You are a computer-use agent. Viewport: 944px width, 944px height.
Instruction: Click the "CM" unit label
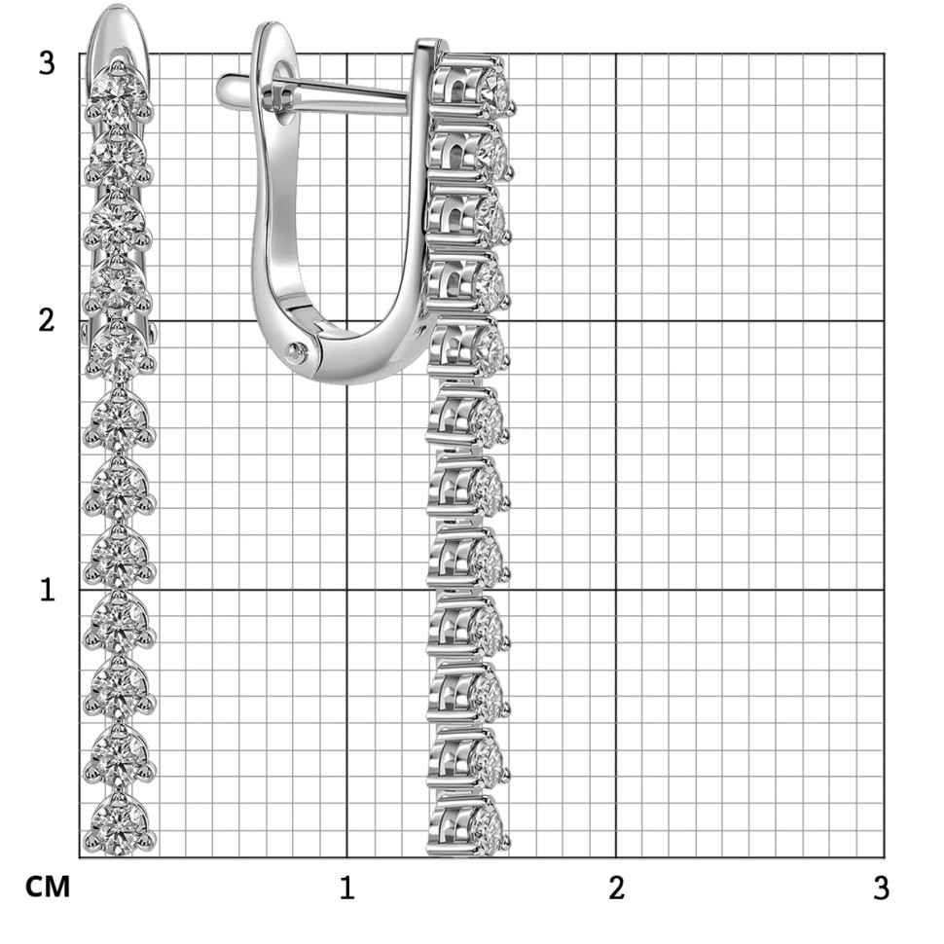48,887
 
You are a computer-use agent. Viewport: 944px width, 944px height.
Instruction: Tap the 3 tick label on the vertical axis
47,62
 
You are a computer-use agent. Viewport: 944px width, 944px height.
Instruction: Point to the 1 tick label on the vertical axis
47,590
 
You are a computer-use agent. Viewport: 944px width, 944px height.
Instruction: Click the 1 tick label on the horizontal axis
346,888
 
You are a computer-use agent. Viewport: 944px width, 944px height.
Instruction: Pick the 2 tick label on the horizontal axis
616,888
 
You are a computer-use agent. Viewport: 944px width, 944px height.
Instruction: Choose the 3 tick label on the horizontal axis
881,888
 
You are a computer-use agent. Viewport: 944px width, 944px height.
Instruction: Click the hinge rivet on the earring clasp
296,351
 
